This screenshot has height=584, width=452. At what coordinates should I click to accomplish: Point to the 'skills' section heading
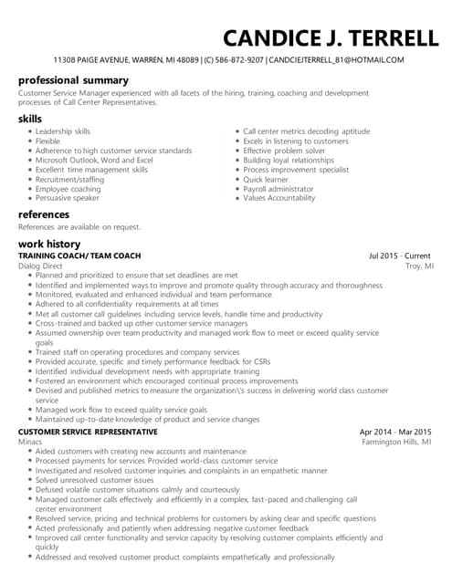click(30, 119)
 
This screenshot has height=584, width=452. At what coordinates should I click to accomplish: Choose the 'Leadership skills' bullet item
click(63, 131)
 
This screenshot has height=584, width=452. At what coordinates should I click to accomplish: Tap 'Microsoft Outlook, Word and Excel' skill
click(94, 160)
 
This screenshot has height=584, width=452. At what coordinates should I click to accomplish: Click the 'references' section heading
click(44, 214)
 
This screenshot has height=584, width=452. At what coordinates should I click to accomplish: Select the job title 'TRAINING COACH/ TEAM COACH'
click(79, 255)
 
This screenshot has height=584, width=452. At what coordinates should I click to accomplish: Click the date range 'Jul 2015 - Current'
click(401, 255)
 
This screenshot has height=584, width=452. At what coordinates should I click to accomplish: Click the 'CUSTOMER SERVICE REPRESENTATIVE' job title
click(88, 431)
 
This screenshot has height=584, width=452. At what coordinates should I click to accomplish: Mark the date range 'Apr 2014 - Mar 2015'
click(396, 431)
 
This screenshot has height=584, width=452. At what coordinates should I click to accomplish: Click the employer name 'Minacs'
click(31, 441)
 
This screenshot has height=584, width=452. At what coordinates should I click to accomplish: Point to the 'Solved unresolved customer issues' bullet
click(94, 479)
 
